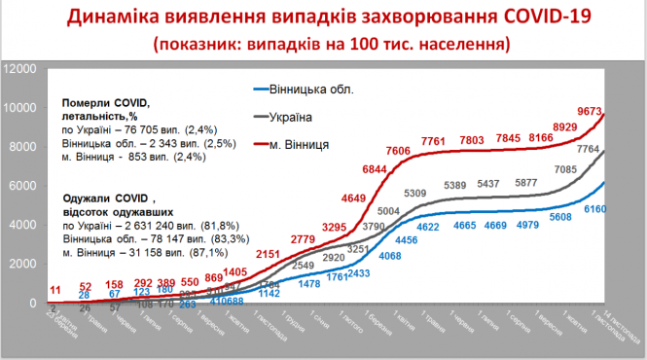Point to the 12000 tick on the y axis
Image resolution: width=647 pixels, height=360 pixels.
20,69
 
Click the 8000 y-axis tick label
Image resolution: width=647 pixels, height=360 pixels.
24,147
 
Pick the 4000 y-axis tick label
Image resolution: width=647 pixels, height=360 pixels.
24,225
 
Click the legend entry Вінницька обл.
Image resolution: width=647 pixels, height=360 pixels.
307,90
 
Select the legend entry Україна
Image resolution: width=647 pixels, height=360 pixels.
290,117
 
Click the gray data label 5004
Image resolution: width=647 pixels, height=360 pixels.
392,211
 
